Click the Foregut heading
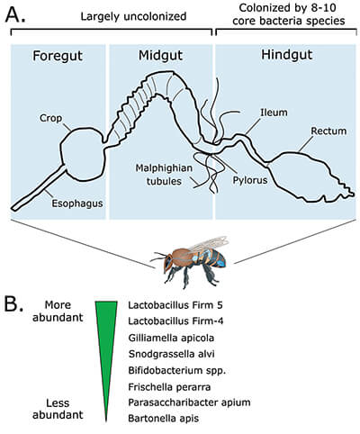tap(58, 56)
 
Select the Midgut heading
tap(160, 56)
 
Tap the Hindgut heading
tap(287, 55)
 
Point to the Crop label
tap(50, 118)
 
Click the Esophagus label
tap(77, 203)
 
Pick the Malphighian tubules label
tap(164, 175)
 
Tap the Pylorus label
tap(250, 180)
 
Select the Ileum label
tap(274, 113)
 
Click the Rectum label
tap(328, 131)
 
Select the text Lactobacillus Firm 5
tap(175, 305)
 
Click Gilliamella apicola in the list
tap(171, 338)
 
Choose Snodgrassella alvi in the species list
tap(171, 354)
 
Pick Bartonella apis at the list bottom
tap(164, 418)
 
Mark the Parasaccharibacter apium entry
tap(189, 402)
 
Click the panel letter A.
tap(15, 14)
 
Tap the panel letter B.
tap(13, 303)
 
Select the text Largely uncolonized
tap(133, 16)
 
